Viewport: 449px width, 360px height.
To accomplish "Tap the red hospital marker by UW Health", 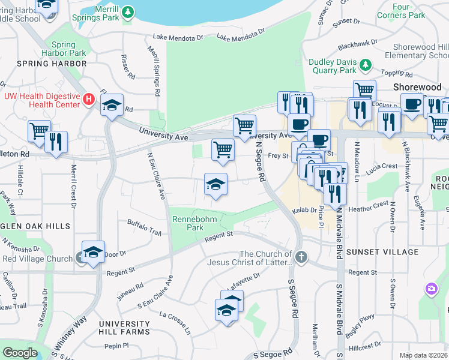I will coord(89,99).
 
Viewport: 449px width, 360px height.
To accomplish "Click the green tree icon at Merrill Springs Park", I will coord(127,12).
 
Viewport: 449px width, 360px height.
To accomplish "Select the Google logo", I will coord(20,353).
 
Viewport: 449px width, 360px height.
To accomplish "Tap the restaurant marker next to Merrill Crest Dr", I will coord(56,142).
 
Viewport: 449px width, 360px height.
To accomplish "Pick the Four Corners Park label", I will coord(409,11).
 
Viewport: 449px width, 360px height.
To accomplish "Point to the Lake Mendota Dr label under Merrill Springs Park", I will coord(178,38).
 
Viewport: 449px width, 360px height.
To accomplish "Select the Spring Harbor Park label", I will coord(68,49).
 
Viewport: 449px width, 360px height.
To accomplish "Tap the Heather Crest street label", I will coord(373,205).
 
